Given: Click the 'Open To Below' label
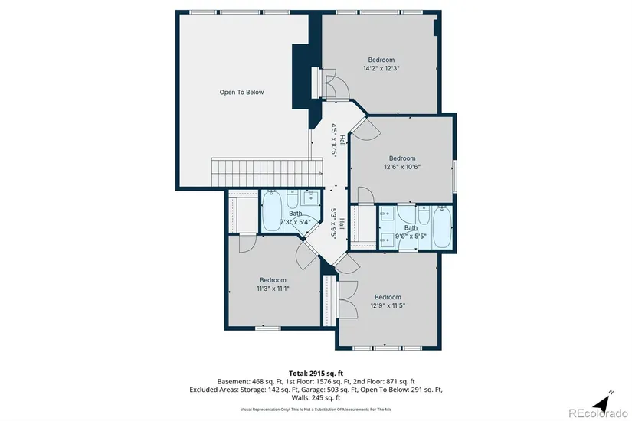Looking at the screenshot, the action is click(241, 93).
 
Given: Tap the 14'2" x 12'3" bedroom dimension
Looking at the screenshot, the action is click(381, 68).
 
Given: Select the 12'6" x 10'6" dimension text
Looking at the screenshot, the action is click(402, 167).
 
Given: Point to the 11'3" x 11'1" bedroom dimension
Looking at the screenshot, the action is click(273, 289).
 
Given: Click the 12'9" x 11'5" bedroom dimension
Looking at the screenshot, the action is click(388, 305).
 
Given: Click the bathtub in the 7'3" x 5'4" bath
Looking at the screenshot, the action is click(272, 211).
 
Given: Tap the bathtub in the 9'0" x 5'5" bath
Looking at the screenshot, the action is click(442, 227).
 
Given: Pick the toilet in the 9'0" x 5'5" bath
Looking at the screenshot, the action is click(423, 215).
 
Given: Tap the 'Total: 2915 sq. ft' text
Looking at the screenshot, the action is click(316, 374).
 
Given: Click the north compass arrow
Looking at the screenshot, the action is click(602, 402).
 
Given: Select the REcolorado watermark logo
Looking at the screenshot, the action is click(598, 413).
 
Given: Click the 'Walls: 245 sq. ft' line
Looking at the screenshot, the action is click(316, 397).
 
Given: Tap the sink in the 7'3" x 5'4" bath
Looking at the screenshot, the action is click(311, 197).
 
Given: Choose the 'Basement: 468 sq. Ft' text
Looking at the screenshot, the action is click(249, 381).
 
